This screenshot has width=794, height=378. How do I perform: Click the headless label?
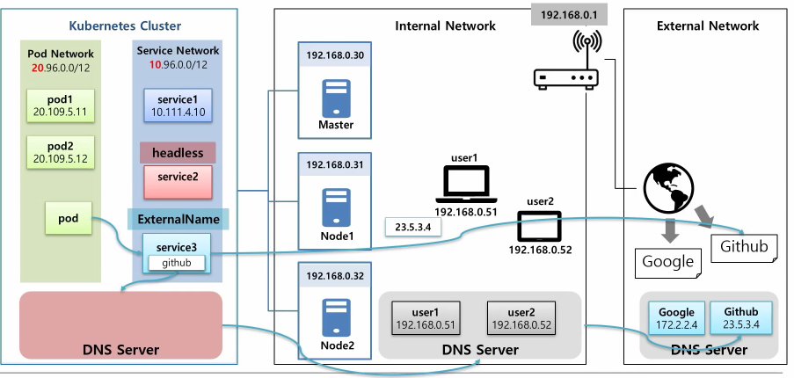(178, 153)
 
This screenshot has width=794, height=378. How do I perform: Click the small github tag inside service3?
(177, 262)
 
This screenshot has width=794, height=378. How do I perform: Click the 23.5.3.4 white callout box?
(412, 227)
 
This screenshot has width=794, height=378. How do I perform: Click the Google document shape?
(667, 260)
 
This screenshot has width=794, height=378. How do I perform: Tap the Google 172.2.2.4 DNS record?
(675, 317)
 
